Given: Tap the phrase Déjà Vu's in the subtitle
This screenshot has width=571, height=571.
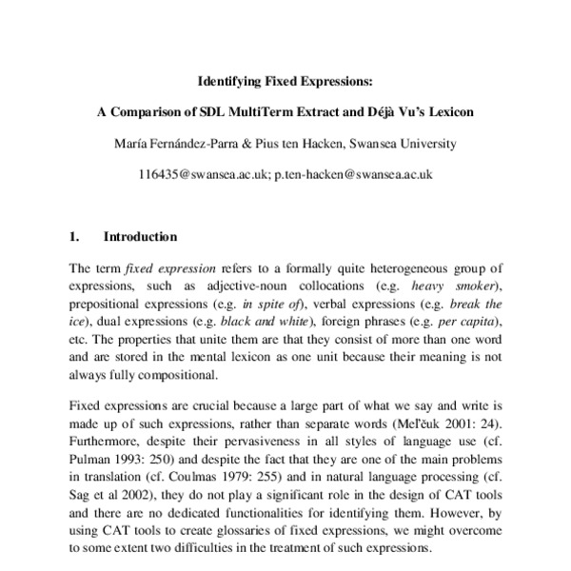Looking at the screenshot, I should click(x=395, y=111).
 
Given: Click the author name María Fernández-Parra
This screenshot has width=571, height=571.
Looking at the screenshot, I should click(x=175, y=144).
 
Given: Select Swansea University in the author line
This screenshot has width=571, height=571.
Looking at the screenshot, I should click(x=402, y=144).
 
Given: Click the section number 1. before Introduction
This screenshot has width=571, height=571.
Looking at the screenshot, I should click(x=75, y=237).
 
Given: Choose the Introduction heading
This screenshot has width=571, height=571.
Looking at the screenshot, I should click(x=140, y=237).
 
